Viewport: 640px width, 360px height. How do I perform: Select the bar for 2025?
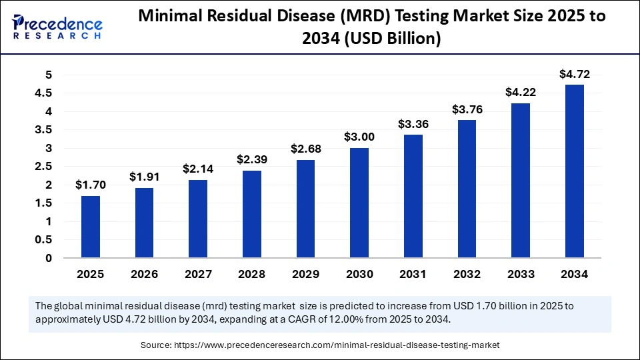pos(91,227)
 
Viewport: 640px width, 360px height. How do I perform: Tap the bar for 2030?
pos(359,203)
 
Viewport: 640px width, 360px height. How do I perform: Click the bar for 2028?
pos(252,214)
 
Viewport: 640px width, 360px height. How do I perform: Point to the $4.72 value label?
pos(574,74)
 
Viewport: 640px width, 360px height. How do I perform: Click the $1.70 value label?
pos(91,185)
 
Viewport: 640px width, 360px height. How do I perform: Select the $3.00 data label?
pos(359,137)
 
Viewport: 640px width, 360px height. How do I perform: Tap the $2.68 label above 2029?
pos(305,149)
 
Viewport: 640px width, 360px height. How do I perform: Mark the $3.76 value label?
pos(467,109)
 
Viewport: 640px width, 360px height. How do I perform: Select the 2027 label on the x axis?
pos(198,274)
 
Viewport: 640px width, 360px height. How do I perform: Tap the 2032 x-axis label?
pos(467,274)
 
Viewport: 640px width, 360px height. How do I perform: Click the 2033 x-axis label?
pos(520,274)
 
